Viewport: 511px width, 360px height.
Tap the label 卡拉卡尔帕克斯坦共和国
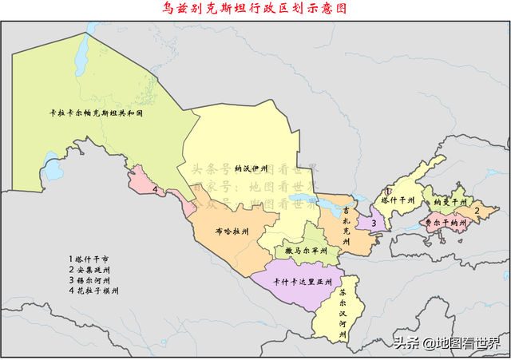pyautogui.click(x=95, y=114)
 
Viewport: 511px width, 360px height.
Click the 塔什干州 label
pyautogui.click(x=398, y=200)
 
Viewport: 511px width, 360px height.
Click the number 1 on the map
pyautogui.click(x=387, y=191)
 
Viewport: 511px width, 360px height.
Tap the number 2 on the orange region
pyautogui.click(x=477, y=211)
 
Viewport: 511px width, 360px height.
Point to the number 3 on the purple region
pyautogui.click(x=373, y=223)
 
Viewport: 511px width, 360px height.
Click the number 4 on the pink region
pyautogui.click(x=154, y=190)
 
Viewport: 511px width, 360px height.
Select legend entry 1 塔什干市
pyautogui.click(x=93, y=259)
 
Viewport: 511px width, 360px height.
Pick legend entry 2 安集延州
pyautogui.click(x=93, y=270)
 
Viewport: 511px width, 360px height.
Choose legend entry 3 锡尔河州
pyautogui.click(x=93, y=280)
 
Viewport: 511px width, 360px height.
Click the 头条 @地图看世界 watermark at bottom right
pyautogui.click(x=445, y=343)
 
